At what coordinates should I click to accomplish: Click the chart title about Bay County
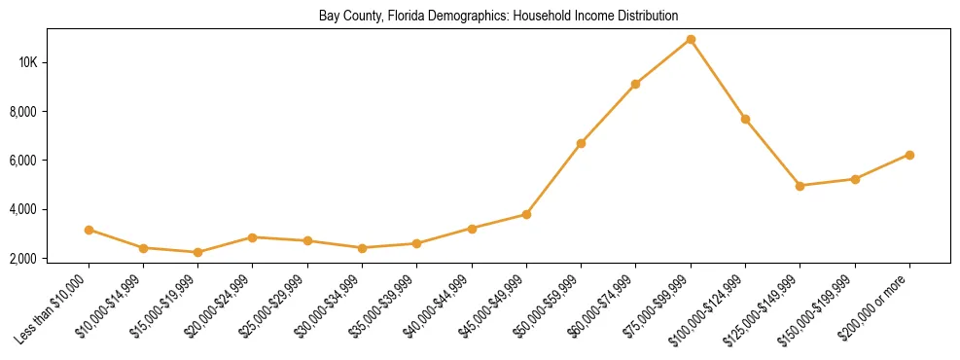click(x=498, y=17)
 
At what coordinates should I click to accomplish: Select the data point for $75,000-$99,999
click(x=691, y=40)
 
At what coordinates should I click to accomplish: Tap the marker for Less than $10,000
click(x=89, y=231)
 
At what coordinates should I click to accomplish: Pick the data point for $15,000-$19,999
click(x=198, y=252)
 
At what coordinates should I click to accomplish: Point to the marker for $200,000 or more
click(x=909, y=155)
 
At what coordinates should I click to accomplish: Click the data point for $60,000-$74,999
click(x=635, y=85)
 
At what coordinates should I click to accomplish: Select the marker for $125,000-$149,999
click(x=800, y=186)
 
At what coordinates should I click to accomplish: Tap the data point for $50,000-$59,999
click(x=581, y=144)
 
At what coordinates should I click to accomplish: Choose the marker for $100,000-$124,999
click(x=745, y=120)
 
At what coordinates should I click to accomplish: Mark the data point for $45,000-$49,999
click(x=526, y=214)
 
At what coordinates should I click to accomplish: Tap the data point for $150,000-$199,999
click(x=855, y=179)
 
